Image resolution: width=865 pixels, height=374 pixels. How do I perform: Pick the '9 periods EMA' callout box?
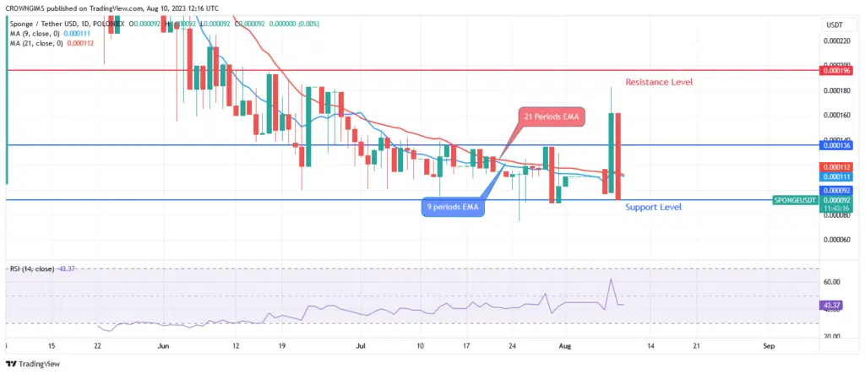(453, 208)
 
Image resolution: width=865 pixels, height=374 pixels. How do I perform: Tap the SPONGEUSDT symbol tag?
(796, 200)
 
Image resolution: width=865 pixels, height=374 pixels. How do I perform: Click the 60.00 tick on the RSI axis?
(836, 282)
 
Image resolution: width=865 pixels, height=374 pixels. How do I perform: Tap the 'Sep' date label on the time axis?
(769, 345)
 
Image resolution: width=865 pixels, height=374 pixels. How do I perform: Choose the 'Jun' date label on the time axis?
(164, 345)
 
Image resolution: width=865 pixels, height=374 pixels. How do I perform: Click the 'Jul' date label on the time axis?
(362, 345)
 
